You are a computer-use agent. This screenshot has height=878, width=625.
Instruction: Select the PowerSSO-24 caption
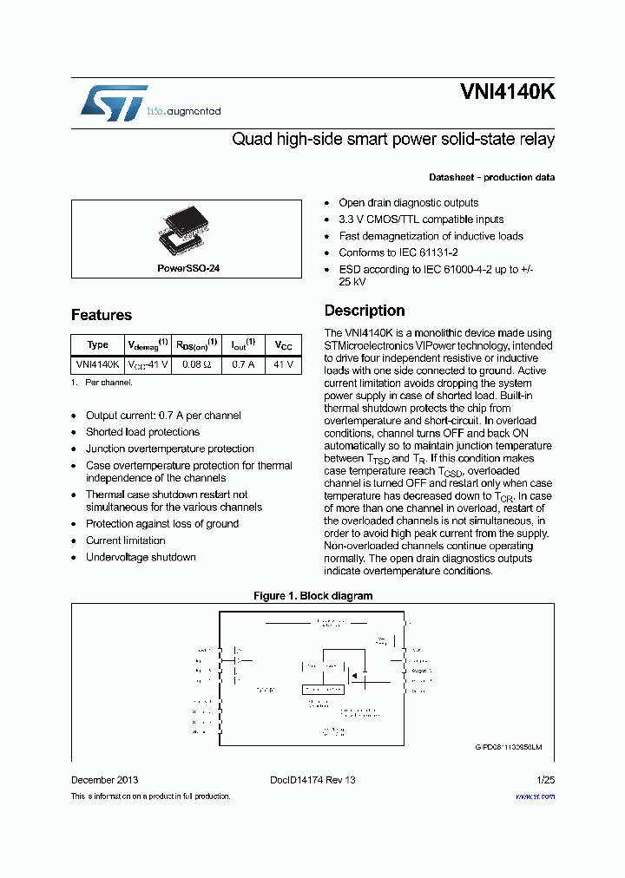(188, 269)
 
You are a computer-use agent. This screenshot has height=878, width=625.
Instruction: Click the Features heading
(102, 315)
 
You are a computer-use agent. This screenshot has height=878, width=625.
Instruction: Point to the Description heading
(364, 311)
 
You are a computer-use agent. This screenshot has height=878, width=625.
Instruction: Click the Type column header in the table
(98, 344)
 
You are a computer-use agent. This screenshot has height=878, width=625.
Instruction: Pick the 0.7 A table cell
(243, 365)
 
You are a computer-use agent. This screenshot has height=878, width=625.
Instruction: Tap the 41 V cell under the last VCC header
(284, 365)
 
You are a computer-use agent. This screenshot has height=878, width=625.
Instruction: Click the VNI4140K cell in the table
(98, 365)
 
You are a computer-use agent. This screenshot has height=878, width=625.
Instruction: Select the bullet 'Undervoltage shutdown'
(141, 557)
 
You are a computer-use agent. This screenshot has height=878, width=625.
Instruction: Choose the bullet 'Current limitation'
(125, 541)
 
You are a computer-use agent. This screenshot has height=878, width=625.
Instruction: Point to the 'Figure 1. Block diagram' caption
(312, 596)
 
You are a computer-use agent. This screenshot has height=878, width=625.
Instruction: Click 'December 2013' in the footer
(104, 780)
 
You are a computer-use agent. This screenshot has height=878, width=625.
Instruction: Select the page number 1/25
(545, 780)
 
